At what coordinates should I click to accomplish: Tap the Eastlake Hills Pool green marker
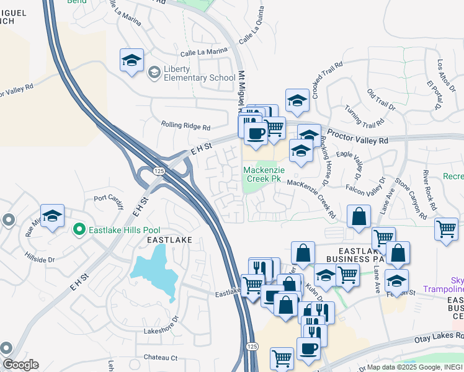(78, 230)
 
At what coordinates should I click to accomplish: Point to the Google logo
(20, 365)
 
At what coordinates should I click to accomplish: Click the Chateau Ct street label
(161, 358)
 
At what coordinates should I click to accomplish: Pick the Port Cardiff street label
(109, 199)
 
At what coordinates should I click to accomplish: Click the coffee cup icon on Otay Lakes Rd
(309, 348)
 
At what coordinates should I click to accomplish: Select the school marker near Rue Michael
(52, 215)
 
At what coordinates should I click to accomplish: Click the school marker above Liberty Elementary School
(132, 60)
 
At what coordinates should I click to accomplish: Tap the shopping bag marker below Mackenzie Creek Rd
(359, 216)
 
